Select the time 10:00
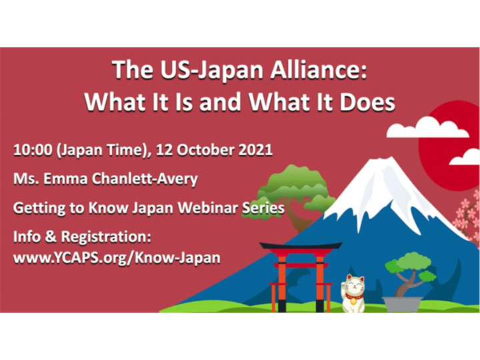coord(33,150)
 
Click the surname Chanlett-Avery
coord(145,179)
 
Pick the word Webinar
coord(208,208)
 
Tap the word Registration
coord(106,237)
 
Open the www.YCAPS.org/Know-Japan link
coord(117,258)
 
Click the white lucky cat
coord(353,293)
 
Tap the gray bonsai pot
coord(402,304)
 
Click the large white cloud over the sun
coord(427,127)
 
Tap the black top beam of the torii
coord(301,245)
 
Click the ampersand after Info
coord(51,237)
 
